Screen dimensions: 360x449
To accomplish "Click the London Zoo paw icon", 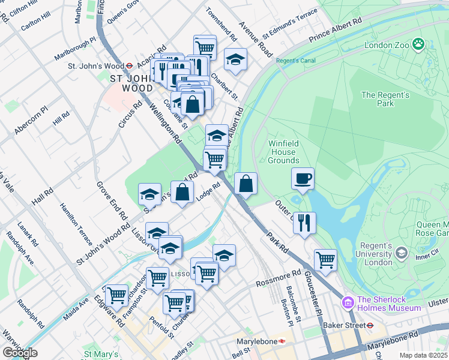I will pyautogui.click(x=418, y=44).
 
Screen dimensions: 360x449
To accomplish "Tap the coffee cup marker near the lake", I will pyautogui.click(x=303, y=178).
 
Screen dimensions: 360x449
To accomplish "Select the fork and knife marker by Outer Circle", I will pyautogui.click(x=305, y=223).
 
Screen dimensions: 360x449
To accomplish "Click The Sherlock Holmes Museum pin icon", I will pyautogui.click(x=346, y=302).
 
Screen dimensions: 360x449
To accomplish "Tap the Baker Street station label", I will pyautogui.click(x=345, y=325).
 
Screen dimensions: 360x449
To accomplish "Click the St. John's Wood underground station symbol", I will pyautogui.click(x=129, y=66).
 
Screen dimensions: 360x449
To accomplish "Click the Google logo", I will pyautogui.click(x=20, y=353).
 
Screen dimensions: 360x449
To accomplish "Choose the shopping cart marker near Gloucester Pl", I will pyautogui.click(x=325, y=260).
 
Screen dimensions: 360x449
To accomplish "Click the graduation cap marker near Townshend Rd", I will pyautogui.click(x=236, y=59).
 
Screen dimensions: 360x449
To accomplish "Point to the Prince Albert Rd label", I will pyautogui.click(x=336, y=29).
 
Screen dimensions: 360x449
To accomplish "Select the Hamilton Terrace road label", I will pyautogui.click(x=76, y=223).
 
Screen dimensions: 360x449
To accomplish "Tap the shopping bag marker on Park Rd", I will pyautogui.click(x=246, y=184).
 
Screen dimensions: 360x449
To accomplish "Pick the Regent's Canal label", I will pyautogui.click(x=292, y=61).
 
